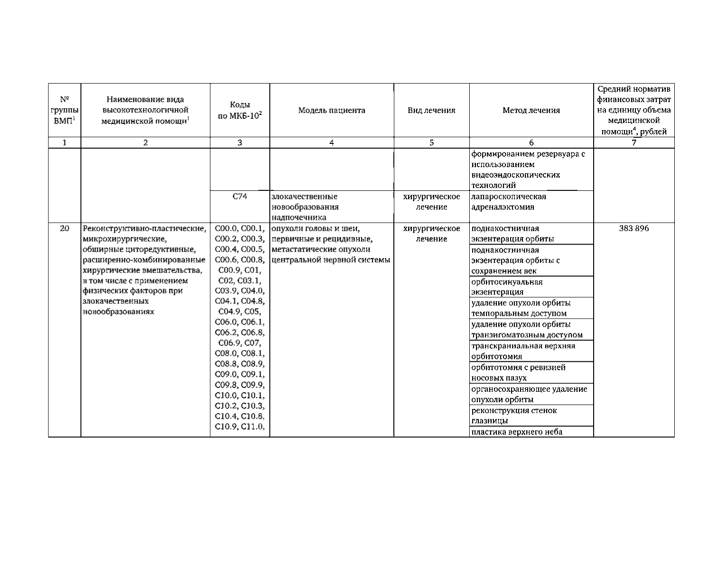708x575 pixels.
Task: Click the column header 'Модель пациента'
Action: (332, 111)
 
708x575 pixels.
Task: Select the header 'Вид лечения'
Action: (431, 111)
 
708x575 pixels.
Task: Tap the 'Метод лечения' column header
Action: (531, 111)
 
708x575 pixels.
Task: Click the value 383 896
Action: (633, 228)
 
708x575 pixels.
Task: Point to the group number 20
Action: (65, 228)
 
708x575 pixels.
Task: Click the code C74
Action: (240, 197)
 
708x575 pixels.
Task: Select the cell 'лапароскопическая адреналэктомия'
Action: (508, 202)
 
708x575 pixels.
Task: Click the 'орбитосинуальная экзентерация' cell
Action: (507, 287)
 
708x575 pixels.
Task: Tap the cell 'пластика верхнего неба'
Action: (517, 432)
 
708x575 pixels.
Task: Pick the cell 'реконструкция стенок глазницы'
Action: (514, 415)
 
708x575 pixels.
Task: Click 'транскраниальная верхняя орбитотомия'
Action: (523, 351)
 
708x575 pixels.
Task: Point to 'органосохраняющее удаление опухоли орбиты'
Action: (529, 394)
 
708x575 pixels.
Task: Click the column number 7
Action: (633, 142)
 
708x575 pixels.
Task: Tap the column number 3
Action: (240, 142)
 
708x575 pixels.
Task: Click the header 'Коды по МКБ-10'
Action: (240, 111)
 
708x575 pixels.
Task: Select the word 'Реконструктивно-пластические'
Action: (144, 229)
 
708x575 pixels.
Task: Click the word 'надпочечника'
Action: (299, 217)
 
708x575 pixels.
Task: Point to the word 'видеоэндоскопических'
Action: (515, 175)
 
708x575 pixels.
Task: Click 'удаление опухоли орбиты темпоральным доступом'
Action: (521, 308)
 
